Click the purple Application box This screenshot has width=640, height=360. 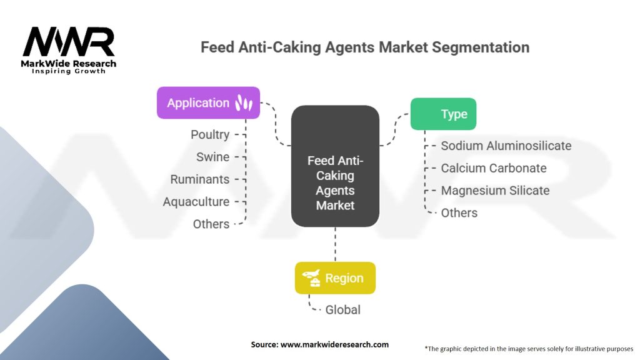(x=207, y=102)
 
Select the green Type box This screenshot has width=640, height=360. (x=443, y=114)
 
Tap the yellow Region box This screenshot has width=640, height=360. (x=335, y=277)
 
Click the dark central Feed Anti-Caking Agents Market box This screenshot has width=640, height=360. (x=335, y=166)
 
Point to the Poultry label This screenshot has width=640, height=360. (x=210, y=134)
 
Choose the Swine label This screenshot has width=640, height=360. (x=212, y=157)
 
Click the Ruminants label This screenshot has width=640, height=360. (x=200, y=179)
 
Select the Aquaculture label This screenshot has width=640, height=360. (x=196, y=202)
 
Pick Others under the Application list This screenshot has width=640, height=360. (x=211, y=224)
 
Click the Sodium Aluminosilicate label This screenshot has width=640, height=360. (x=506, y=146)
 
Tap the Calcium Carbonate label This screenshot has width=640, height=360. (x=493, y=168)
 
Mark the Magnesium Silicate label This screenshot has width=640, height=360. (x=495, y=191)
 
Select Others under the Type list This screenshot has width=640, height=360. (x=459, y=212)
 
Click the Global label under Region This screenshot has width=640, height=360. (x=342, y=309)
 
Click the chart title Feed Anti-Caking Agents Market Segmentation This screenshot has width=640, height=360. (x=364, y=47)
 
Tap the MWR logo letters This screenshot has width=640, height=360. (x=69, y=42)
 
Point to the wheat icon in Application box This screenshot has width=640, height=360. (x=244, y=103)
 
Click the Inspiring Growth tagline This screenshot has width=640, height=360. (x=69, y=71)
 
